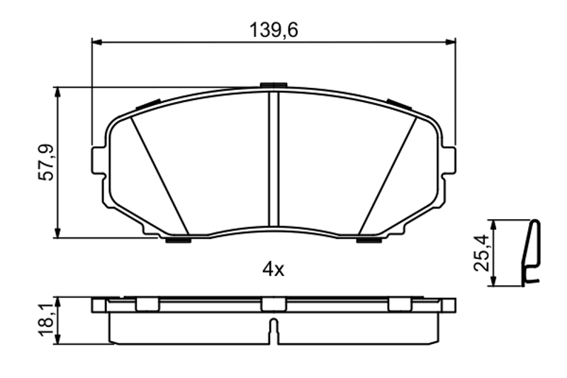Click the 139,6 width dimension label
point(274,30)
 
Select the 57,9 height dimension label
point(46,162)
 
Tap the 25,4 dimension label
point(481,253)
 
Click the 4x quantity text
point(274,269)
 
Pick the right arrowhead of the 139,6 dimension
point(450,42)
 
